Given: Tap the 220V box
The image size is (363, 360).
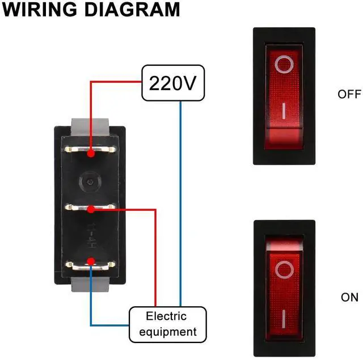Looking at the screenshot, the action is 172,83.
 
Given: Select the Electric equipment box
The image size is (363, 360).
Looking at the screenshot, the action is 167,324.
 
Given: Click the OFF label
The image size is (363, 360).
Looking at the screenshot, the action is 349,94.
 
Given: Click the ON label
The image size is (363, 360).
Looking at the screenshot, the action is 349,297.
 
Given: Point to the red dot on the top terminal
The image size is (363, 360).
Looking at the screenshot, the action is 91,153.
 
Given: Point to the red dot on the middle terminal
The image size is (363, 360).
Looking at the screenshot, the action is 91,210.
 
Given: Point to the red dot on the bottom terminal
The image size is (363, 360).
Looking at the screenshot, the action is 91,261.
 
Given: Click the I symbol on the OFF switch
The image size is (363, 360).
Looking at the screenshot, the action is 283,108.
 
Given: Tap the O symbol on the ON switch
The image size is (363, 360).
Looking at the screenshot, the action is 283,270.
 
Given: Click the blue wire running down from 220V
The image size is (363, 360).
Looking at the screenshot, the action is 180,204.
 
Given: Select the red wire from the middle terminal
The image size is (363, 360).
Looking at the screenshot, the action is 155,255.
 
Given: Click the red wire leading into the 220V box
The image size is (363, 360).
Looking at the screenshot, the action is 113,81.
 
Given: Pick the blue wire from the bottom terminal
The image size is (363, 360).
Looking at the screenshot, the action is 91,300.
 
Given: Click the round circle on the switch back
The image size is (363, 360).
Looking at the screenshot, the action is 90,183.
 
